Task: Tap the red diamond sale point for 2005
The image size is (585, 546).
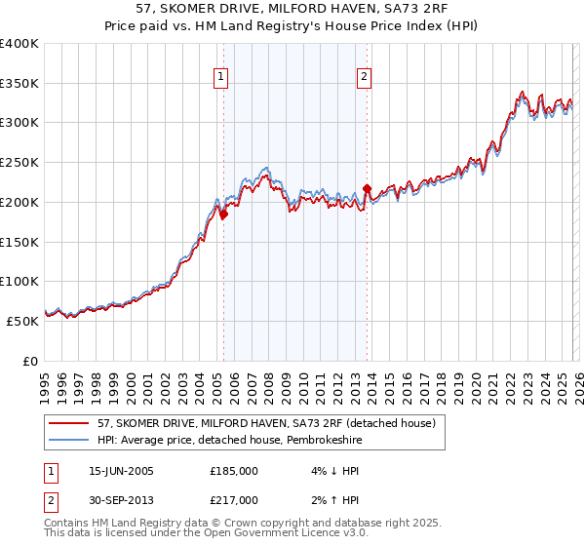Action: [223, 214]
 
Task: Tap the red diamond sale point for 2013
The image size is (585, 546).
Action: [367, 188]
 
